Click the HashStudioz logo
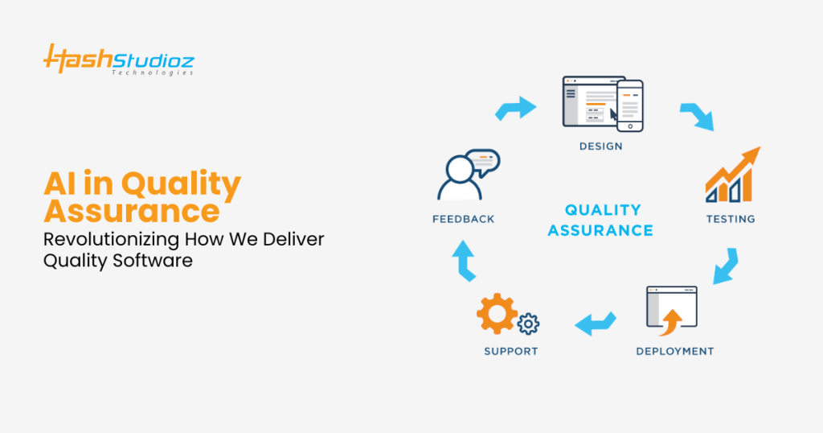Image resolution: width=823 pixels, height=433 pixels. point(118,60)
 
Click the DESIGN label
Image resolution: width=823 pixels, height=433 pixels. point(600,146)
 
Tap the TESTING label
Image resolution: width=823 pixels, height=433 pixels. point(731,218)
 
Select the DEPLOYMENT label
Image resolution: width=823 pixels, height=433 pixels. point(674,351)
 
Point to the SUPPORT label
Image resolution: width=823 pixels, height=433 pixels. point(510,351)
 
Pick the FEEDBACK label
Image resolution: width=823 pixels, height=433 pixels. point(463,218)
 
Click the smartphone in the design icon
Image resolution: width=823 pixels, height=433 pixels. point(631,104)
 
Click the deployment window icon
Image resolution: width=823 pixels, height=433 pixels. point(670,311)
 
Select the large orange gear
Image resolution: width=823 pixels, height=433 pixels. point(495,315)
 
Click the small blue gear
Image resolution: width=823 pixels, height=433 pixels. point(528,324)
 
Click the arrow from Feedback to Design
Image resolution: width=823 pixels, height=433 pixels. point(514,108)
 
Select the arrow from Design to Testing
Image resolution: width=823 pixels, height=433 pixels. point(696,116)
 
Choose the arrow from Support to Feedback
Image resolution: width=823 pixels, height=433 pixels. point(465,259)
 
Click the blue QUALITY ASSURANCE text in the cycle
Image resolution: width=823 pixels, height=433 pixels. point(601,220)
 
